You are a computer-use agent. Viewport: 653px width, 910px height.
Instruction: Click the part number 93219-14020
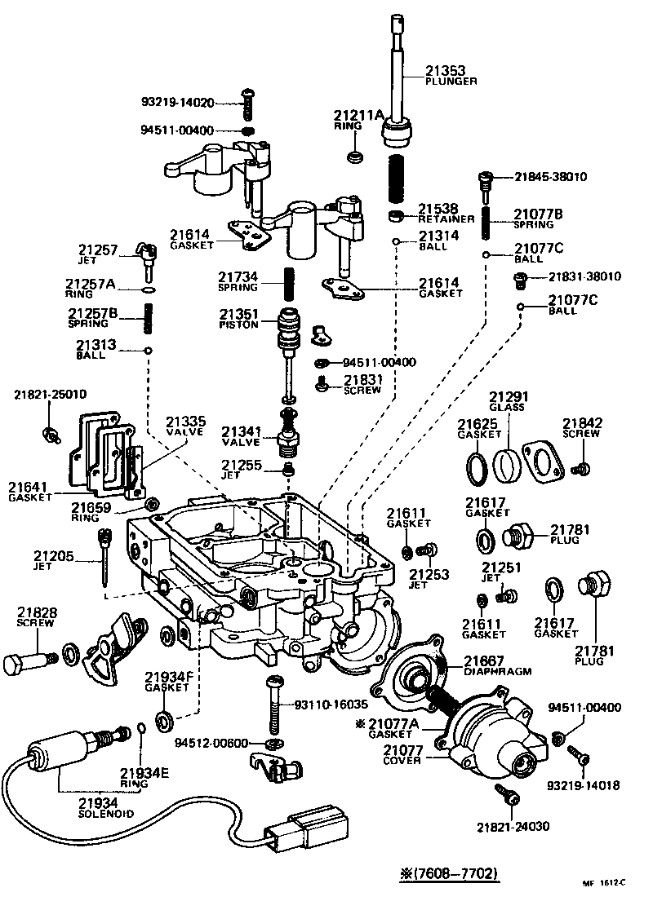coord(177,103)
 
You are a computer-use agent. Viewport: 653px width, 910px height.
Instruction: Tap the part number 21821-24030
coord(513,826)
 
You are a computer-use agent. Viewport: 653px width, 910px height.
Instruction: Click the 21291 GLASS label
coord(507,400)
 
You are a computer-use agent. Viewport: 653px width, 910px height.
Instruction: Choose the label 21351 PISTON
coord(238,318)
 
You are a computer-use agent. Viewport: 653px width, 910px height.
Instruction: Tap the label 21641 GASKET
coord(30,492)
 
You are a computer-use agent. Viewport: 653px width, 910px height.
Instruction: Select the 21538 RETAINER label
coord(445,214)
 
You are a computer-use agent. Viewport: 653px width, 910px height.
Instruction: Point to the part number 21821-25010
coord(50,395)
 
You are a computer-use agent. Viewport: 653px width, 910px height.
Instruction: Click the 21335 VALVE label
coord(186,426)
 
